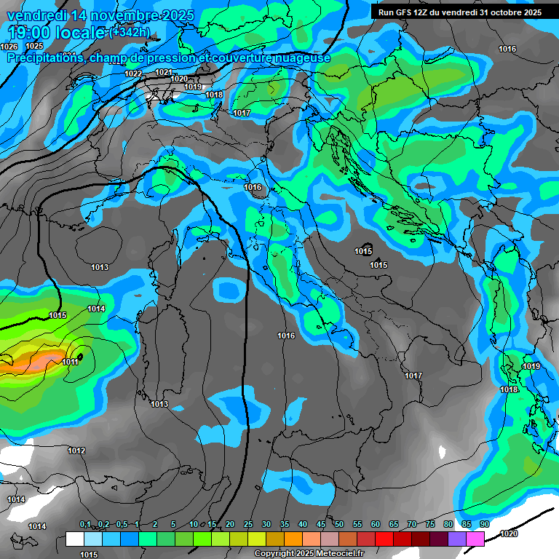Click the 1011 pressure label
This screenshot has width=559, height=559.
click(70, 362)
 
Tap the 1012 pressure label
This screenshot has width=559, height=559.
click(76, 451)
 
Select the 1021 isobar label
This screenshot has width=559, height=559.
click(163, 72)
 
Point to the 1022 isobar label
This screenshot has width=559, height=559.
click(133, 74)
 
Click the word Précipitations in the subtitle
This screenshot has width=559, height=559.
click(45, 58)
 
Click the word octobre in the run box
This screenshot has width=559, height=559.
click(501, 12)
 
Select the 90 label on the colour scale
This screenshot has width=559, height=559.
click(484, 524)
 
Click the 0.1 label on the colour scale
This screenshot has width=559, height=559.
click(85, 524)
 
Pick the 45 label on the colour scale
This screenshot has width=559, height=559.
click(321, 524)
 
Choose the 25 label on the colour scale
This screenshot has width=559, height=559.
click(248, 524)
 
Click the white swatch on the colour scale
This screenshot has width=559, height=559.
click(74, 539)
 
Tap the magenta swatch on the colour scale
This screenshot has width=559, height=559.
click(475, 539)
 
